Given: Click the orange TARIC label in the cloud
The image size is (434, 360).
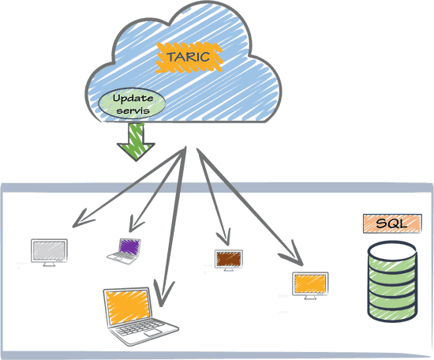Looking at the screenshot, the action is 189,58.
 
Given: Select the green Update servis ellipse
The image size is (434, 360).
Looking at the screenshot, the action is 132,103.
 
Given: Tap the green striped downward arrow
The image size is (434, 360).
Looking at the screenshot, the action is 136,141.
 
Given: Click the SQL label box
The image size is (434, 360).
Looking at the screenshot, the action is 392,223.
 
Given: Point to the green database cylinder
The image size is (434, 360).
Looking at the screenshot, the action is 392,281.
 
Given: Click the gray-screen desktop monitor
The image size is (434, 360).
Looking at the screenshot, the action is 49,253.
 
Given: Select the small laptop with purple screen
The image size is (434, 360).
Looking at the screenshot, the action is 124,251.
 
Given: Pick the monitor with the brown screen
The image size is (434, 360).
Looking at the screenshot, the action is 229,260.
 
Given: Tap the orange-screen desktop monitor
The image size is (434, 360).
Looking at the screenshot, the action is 310,286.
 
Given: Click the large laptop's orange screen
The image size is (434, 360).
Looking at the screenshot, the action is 128,307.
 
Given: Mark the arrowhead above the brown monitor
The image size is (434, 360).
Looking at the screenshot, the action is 225,237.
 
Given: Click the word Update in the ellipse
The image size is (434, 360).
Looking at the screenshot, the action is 133,99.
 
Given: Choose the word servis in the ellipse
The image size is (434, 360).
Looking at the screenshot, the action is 133,111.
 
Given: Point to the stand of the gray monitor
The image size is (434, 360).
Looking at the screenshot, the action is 49,264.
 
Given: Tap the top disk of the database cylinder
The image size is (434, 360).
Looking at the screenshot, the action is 392,251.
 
